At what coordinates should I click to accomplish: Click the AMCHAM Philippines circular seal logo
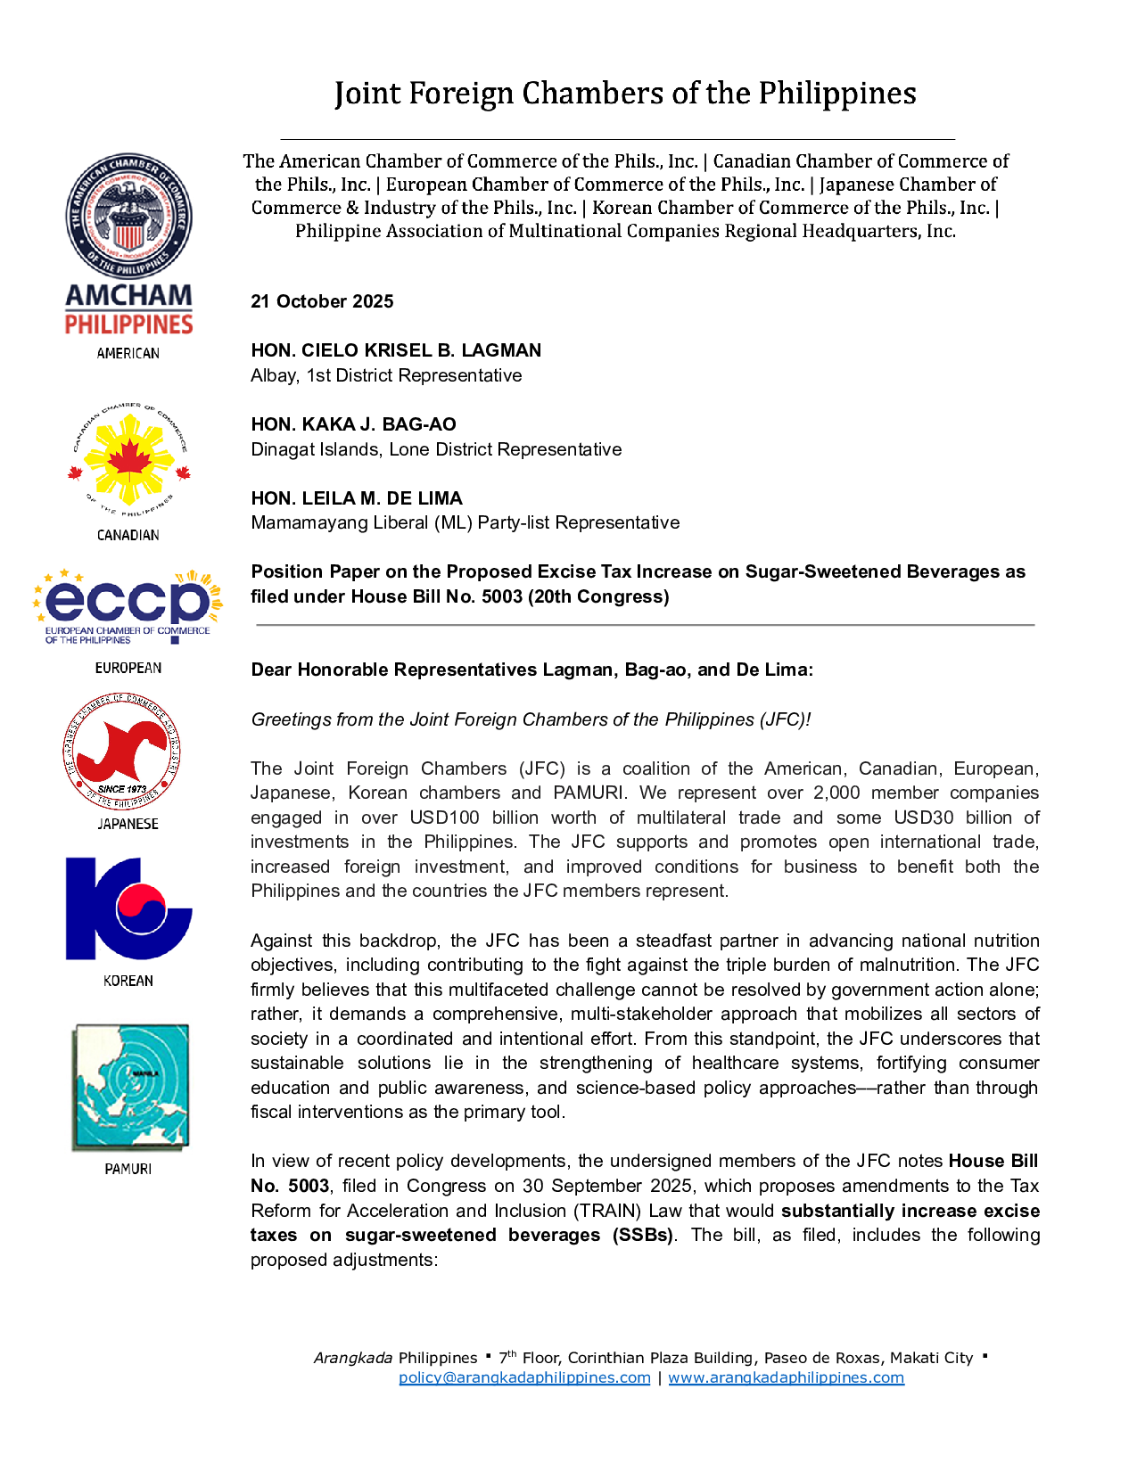[x=128, y=216]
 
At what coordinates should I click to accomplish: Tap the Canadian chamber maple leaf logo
[x=128, y=462]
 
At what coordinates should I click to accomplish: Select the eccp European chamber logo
[x=128, y=604]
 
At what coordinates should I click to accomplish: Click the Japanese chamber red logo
[x=122, y=752]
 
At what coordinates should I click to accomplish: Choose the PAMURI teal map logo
[x=130, y=1086]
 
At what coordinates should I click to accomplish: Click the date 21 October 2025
[x=322, y=301]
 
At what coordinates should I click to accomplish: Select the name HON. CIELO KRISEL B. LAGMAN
[x=396, y=350]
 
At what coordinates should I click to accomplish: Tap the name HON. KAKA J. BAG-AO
[x=353, y=424]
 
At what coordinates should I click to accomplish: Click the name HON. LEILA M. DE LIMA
[x=357, y=498]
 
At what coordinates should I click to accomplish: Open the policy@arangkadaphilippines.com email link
[x=524, y=1377]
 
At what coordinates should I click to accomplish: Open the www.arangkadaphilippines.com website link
[x=786, y=1377]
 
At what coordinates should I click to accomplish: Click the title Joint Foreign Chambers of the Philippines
[x=625, y=94]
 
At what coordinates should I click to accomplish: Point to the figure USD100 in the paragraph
[x=444, y=818]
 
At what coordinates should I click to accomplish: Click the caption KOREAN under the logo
[x=128, y=981]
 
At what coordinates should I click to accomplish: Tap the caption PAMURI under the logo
[x=128, y=1169]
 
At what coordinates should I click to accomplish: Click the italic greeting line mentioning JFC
[x=531, y=719]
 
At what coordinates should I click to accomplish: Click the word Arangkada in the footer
[x=353, y=1358]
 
